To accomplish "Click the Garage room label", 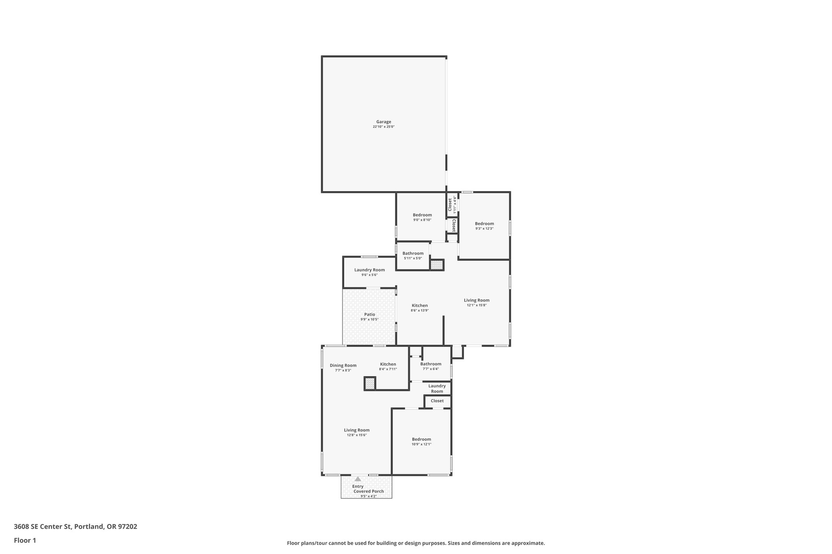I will (383, 122).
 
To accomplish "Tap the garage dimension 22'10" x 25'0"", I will (383, 127).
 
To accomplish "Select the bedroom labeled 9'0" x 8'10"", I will (422, 217).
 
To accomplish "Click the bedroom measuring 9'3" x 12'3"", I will (484, 226).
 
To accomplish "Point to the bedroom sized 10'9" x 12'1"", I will (421, 442).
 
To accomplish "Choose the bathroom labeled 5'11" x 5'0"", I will (413, 255).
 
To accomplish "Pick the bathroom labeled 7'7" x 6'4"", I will (431, 366).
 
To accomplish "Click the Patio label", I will (369, 315).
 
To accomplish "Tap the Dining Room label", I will (343, 365).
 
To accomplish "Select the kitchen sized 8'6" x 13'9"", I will (420, 308).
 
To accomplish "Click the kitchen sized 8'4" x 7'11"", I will (388, 366).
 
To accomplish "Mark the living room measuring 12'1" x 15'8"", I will (477, 302).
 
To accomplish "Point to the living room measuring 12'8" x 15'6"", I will (357, 432).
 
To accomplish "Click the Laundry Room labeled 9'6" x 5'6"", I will (369, 272).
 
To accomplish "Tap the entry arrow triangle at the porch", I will (357, 479).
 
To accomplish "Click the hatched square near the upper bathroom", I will (437, 265).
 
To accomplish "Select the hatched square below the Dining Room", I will (370, 384).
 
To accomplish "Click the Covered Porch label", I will (368, 491).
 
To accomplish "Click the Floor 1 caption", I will (25, 540).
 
